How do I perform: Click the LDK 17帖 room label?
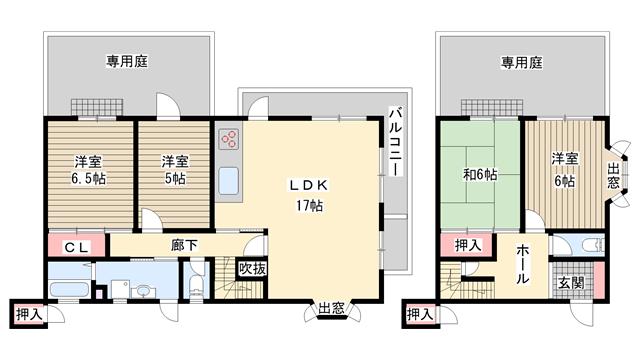[309, 195]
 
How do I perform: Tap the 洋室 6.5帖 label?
[88, 170]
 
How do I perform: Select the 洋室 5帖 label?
[175, 170]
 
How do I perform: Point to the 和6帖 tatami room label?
[480, 175]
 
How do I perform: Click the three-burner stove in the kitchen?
[229, 139]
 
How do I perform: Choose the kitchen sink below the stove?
[229, 181]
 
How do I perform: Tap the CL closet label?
[77, 247]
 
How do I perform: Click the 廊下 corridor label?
[184, 245]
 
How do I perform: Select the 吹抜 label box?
[252, 269]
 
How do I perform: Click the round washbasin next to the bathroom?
[143, 291]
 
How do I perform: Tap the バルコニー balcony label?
[395, 141]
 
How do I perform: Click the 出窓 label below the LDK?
[331, 308]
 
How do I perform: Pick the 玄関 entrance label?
[571, 283]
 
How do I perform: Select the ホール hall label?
[523, 264]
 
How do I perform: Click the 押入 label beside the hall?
[468, 245]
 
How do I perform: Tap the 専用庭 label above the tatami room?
[522, 62]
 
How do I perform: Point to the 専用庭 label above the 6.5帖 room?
[127, 62]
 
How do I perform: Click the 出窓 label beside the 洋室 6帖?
[613, 176]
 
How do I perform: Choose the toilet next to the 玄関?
[591, 246]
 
